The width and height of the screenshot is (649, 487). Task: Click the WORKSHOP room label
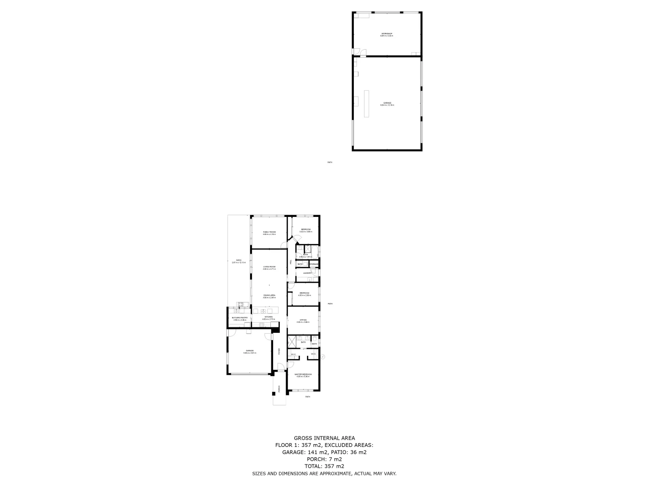point(387,34)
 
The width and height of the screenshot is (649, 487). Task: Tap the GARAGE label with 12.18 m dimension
point(387,103)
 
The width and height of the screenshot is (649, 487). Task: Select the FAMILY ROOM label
point(269,232)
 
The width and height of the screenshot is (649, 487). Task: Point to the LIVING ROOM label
point(269,267)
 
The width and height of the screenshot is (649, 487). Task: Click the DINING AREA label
point(269,295)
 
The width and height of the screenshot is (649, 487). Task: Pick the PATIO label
point(239,260)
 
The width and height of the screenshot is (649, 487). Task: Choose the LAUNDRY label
point(307,273)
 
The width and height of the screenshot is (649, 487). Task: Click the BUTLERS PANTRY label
point(240,317)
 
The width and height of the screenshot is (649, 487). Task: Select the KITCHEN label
point(269,317)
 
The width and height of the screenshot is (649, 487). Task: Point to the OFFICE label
point(303,320)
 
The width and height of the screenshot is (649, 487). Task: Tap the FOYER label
point(279,351)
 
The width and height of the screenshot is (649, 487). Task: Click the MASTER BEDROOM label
point(303,374)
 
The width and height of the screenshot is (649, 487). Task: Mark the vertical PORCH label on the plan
point(279,388)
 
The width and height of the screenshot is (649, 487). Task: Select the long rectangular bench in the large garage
point(366,104)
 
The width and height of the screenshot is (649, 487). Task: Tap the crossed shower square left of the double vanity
point(292,341)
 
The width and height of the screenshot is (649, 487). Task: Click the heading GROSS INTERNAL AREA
point(324,438)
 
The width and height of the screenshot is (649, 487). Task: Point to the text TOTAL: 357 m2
point(324,466)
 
